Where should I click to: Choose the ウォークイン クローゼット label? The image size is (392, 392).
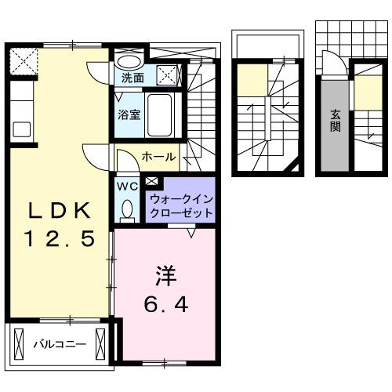tap(180, 205)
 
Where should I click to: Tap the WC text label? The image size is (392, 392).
tap(126, 187)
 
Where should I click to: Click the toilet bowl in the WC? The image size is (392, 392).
tap(127, 209)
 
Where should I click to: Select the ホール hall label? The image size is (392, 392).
tap(158, 157)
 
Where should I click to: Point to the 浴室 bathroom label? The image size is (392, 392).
tap(129, 114)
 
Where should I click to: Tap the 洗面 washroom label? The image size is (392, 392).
tap(132, 78)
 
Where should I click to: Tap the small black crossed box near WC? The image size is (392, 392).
tap(151, 183)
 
